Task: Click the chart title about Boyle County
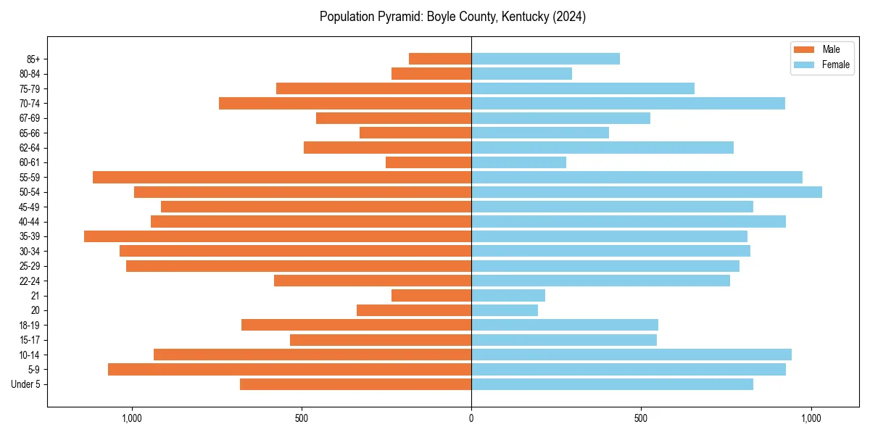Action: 452,17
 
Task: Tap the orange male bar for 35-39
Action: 278,236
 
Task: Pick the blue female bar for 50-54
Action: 647,192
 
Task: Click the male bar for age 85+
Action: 440,59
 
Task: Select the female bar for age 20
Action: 505,310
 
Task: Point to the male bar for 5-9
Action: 290,370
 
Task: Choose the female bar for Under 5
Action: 612,384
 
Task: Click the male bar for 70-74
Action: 345,104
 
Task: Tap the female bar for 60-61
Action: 518,162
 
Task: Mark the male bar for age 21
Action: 431,296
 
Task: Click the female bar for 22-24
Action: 600,281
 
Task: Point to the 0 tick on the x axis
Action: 471,418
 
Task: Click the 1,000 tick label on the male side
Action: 132,418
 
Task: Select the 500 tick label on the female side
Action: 641,418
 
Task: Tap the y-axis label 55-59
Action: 30,178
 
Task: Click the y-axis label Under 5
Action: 26,384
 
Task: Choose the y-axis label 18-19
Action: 30,326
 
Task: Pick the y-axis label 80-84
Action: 30,74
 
